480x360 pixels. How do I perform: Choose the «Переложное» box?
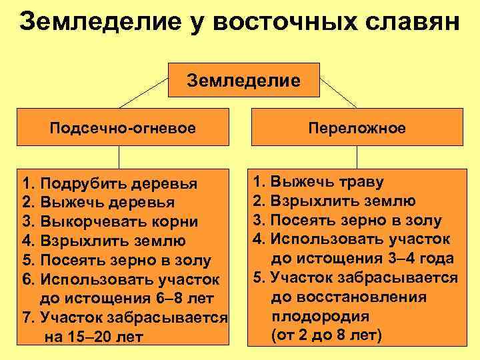pyautogui.click(x=357, y=127)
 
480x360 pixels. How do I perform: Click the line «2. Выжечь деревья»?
pyautogui.click(x=99, y=202)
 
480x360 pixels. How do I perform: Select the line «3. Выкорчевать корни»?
pyautogui.click(x=110, y=221)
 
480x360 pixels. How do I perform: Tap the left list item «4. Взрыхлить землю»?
pyautogui.click(x=103, y=241)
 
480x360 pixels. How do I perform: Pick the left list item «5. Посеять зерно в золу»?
pyautogui.click(x=117, y=260)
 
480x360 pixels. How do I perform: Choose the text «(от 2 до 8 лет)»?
pyautogui.click(x=327, y=335)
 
